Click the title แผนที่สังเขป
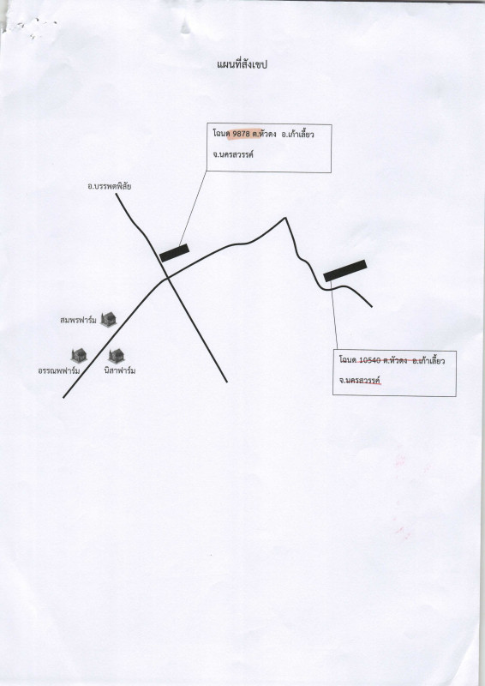pyautogui.click(x=242, y=65)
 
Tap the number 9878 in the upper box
pyautogui.click(x=241, y=135)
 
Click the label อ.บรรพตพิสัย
pyautogui.click(x=110, y=186)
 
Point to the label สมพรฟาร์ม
pyautogui.click(x=78, y=320)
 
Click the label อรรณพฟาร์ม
pyautogui.click(x=59, y=371)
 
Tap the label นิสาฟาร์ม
pyautogui.click(x=120, y=370)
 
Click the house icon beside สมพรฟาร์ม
pyautogui.click(x=108, y=319)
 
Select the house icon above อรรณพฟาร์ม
pyautogui.click(x=79, y=355)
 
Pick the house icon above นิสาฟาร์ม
pyautogui.click(x=117, y=356)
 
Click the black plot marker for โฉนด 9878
pyautogui.click(x=174, y=253)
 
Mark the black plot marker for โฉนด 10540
pyautogui.click(x=345, y=270)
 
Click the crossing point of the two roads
pyautogui.click(x=166, y=278)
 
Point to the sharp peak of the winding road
pyautogui.click(x=285, y=218)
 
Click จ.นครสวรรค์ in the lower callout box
pyautogui.click(x=361, y=380)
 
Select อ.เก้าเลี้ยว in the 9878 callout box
pyautogui.click(x=298, y=135)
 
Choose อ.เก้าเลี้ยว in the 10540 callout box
pyautogui.click(x=429, y=361)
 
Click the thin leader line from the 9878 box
pyautogui.click(x=193, y=208)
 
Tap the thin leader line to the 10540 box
pyautogui.click(x=334, y=316)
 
